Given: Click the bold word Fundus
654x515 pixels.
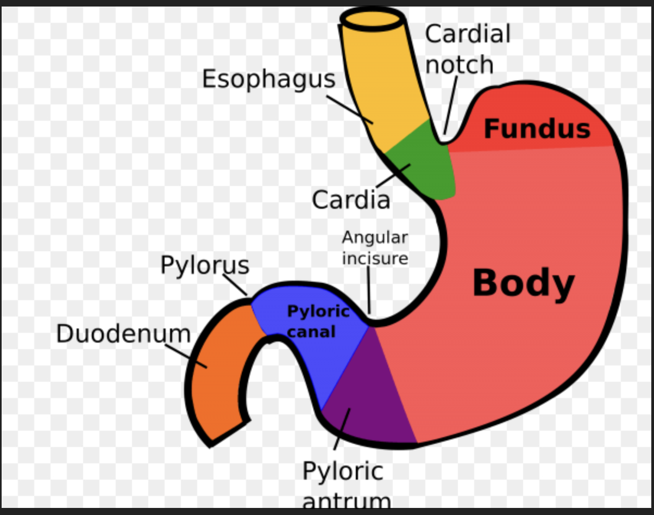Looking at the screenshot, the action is (537, 129).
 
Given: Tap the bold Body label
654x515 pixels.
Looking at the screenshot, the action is (523, 283).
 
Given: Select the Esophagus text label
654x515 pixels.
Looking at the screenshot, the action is (268, 79).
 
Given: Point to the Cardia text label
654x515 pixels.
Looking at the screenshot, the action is (351, 200).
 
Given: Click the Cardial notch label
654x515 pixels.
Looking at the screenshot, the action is (467, 49).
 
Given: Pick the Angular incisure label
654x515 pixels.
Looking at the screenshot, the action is (375, 248).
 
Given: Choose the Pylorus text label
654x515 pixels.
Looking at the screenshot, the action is (205, 265).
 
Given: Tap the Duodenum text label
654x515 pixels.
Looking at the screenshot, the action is (123, 333).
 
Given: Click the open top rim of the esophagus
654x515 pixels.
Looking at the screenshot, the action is (373, 18).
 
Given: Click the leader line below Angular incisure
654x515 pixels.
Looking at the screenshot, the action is (369, 291).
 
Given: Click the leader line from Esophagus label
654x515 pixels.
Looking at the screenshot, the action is (350, 109).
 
